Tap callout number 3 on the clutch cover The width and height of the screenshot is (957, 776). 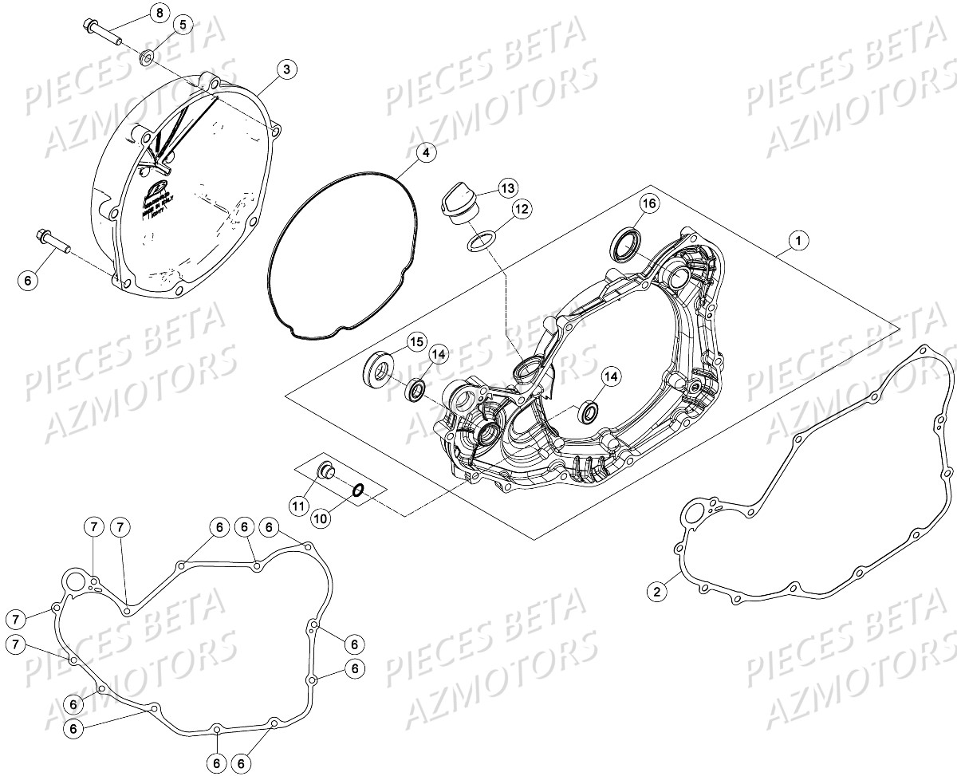[286, 69]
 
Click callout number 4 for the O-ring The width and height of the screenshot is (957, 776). [426, 152]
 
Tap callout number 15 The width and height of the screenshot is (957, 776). [415, 342]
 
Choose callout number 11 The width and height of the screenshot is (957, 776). [298, 505]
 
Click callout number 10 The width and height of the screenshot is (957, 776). [320, 518]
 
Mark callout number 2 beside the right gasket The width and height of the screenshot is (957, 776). [656, 591]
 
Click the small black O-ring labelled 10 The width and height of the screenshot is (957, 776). [359, 490]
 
